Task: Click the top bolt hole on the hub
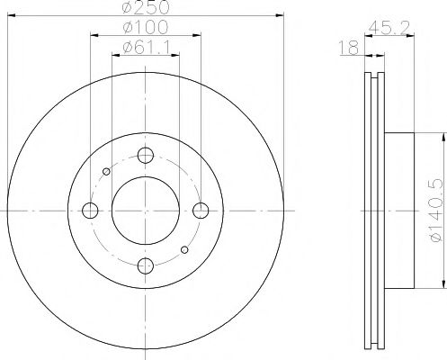145,154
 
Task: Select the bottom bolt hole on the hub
145,265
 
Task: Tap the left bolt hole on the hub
89,210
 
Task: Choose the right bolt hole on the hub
201,210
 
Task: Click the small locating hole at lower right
184,249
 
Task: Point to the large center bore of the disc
145,210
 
